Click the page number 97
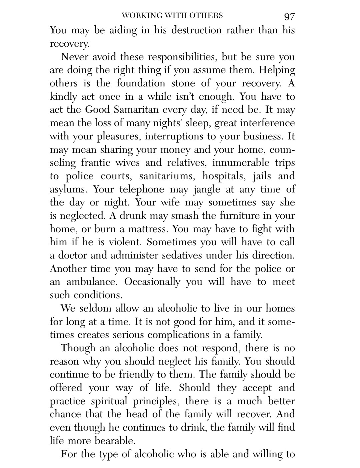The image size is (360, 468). click(289, 16)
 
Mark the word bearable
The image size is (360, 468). click(115, 441)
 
